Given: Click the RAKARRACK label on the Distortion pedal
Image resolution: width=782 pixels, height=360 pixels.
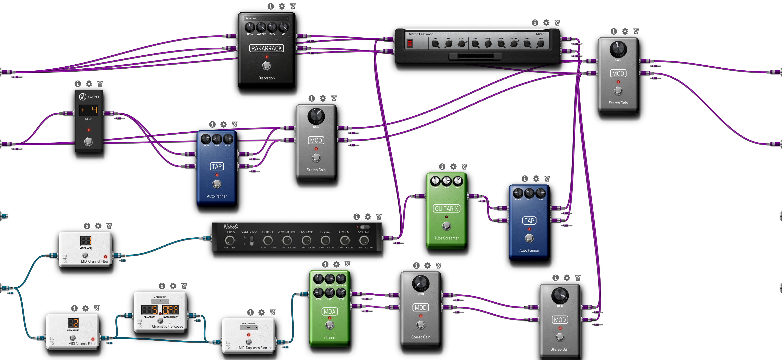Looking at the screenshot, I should point(267,48).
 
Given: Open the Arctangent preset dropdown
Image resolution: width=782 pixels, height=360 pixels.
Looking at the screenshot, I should point(267,18).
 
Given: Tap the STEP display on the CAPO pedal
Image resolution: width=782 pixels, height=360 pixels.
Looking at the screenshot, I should point(88,110).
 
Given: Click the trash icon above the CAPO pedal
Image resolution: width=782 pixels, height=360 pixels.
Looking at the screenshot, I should point(100,83).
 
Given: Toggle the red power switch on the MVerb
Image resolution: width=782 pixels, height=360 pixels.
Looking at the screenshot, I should point(410,44).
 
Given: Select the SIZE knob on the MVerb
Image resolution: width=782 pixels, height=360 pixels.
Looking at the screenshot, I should point(475,44).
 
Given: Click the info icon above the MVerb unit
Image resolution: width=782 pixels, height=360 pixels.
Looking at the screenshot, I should point(535,22).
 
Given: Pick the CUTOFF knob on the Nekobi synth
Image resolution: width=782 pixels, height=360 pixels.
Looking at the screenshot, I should point(268,240).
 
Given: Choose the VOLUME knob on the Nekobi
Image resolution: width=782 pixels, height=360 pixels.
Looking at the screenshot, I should point(364,240).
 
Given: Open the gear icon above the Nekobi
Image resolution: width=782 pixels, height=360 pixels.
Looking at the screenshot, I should point(368,216).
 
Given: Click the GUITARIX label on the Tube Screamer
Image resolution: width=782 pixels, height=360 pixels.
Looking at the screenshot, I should point(446,209).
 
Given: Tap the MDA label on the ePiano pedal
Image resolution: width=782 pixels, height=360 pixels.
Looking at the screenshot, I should point(329,311).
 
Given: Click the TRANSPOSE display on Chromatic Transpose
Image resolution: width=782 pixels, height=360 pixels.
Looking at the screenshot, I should point(149,310).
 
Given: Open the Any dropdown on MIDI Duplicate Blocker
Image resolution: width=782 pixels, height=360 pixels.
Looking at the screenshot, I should point(249,328).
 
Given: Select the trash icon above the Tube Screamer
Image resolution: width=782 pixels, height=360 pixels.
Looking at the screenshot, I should point(464,166).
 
